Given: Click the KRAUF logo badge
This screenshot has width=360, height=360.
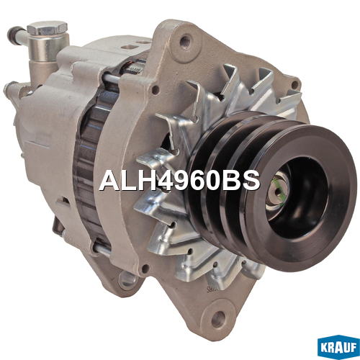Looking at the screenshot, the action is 338,348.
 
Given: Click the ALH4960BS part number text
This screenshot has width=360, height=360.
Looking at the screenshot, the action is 179,181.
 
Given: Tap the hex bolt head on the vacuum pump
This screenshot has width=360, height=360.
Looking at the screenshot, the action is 48,28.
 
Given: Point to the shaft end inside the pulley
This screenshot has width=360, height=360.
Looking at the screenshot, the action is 278,189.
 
